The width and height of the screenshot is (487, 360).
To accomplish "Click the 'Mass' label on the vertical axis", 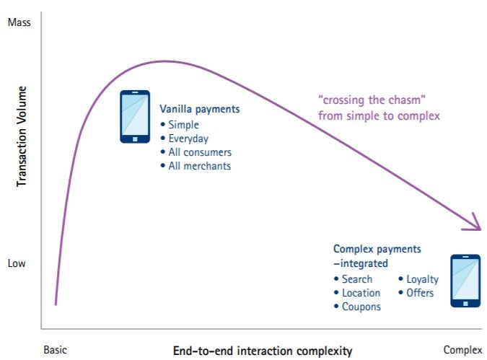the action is click(x=19, y=22).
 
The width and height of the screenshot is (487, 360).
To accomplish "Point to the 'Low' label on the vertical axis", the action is click(x=17, y=263).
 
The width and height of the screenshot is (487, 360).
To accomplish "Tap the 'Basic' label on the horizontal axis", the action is click(x=56, y=350).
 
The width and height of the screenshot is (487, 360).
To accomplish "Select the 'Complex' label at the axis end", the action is click(x=462, y=351).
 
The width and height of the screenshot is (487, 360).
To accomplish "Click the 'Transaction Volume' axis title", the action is click(x=22, y=136).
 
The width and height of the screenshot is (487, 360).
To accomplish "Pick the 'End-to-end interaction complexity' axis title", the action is click(x=263, y=351).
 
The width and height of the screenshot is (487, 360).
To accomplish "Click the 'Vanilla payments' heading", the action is click(x=200, y=109).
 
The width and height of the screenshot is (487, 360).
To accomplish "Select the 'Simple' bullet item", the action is click(x=183, y=125).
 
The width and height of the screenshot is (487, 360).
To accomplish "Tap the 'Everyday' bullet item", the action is click(x=188, y=139).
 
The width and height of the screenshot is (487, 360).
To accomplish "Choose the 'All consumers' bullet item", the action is click(x=200, y=152).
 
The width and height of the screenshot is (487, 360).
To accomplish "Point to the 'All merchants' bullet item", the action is click(x=200, y=166).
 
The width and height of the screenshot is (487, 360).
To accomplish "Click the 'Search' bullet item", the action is click(x=357, y=279).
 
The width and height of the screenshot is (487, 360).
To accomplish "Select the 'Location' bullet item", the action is click(x=361, y=293).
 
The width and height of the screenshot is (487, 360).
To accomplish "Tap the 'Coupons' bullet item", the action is click(x=361, y=307).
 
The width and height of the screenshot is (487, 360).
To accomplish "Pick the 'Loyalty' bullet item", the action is click(x=423, y=279).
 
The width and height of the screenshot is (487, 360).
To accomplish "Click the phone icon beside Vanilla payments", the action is click(x=135, y=117).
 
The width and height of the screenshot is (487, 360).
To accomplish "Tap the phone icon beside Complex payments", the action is click(x=465, y=281).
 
